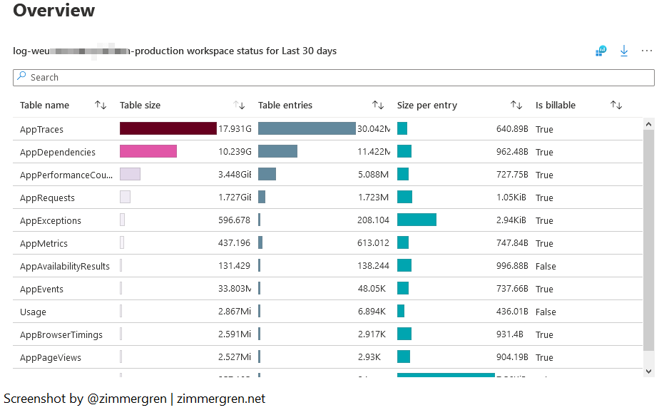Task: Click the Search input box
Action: pyautogui.click(x=333, y=77)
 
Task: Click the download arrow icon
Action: pyautogui.click(x=624, y=51)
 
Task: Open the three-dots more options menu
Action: pyautogui.click(x=647, y=51)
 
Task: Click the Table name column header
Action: pyautogui.click(x=45, y=105)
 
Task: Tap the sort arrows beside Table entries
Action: pyautogui.click(x=378, y=105)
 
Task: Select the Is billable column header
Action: pyautogui.click(x=556, y=105)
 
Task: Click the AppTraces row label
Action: pyautogui.click(x=41, y=129)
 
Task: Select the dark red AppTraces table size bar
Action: pyautogui.click(x=168, y=128)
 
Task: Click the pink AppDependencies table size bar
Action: pyautogui.click(x=148, y=151)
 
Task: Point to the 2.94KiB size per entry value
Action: pyautogui.click(x=511, y=220)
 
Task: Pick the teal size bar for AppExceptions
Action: pyautogui.click(x=417, y=220)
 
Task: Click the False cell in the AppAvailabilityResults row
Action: pyautogui.click(x=546, y=266)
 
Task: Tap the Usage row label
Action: pyautogui.click(x=33, y=312)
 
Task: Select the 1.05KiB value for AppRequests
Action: pyautogui.click(x=511, y=198)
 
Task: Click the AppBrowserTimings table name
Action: pyautogui.click(x=61, y=334)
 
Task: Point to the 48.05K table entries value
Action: pyautogui.click(x=372, y=289)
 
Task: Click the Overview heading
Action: pyautogui.click(x=54, y=11)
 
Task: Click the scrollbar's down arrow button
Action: pyautogui.click(x=648, y=371)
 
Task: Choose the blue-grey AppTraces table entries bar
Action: pyautogui.click(x=307, y=128)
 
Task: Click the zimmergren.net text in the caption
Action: pyautogui.click(x=221, y=399)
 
